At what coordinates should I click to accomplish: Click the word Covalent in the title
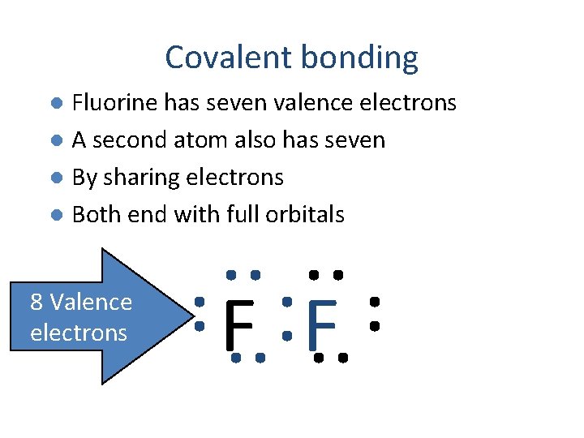(x=229, y=58)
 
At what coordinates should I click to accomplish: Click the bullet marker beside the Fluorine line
(x=56, y=103)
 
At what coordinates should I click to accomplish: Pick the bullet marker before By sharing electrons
(x=56, y=178)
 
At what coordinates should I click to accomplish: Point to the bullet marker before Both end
(x=56, y=215)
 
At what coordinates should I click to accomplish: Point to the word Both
(x=94, y=215)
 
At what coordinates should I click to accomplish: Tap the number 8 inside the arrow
(x=36, y=303)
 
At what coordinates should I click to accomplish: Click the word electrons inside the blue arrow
(x=79, y=333)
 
